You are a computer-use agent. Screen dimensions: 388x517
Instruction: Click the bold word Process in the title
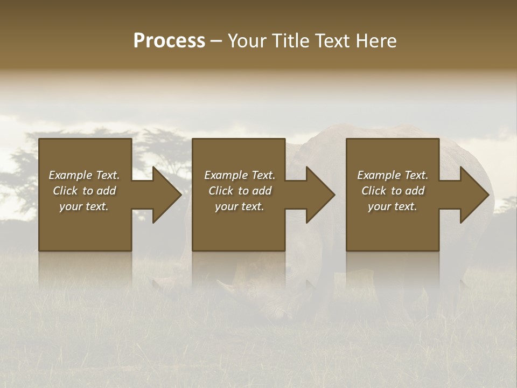click(169, 41)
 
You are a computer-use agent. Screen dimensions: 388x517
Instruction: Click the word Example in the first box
click(70, 175)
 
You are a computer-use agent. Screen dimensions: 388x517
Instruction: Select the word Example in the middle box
click(226, 175)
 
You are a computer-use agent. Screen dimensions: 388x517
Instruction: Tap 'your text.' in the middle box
click(239, 206)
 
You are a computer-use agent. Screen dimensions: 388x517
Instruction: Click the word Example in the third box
click(379, 175)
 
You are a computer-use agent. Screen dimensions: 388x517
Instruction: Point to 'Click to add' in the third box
click(393, 191)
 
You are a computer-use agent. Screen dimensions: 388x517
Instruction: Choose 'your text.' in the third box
click(392, 206)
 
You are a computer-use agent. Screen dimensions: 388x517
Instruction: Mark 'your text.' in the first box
click(83, 206)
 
